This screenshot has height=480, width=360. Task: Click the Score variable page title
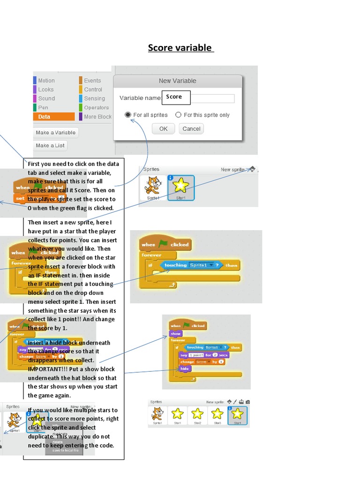180,48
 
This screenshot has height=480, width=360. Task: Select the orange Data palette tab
54,117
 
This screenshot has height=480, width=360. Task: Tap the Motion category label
46,81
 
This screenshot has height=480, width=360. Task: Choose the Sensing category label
94,98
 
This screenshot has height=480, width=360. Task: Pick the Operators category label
96,108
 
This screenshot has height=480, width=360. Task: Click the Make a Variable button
55,133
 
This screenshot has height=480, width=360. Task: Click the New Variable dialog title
177,81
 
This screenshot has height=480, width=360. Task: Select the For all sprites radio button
128,115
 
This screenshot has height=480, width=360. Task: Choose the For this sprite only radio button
178,115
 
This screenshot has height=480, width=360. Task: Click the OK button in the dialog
163,129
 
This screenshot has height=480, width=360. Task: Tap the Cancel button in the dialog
191,129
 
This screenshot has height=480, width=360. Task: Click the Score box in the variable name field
176,97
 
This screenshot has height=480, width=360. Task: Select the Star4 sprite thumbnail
237,415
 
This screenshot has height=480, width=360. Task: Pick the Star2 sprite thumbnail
197,415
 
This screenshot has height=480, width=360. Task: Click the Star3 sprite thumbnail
217,415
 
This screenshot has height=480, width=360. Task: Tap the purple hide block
185,369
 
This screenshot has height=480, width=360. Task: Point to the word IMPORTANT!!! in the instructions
45,369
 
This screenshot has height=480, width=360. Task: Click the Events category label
92,81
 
